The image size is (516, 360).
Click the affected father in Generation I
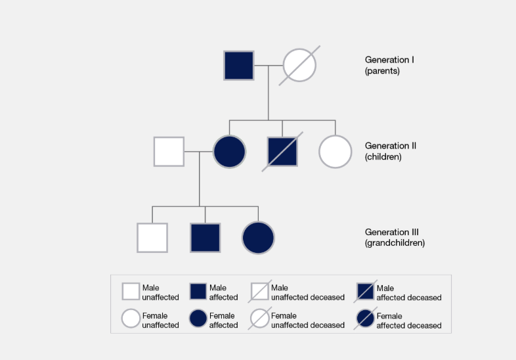[239, 65]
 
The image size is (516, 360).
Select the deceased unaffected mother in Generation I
[299, 65]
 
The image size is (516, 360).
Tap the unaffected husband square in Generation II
[169, 151]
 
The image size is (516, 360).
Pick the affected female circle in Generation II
[229, 151]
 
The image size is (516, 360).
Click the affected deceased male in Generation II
[283, 151]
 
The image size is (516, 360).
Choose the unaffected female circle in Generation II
[335, 151]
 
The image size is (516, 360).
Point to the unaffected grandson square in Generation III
[152, 237]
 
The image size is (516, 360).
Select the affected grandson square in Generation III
[205, 237]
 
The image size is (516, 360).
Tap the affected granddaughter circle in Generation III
[258, 237]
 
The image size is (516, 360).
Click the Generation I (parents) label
[389, 65]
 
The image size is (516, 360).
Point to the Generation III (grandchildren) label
[395, 237]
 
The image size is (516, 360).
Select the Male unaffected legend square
[131, 292]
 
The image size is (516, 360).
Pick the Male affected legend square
[198, 292]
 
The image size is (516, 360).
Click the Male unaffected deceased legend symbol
[260, 292]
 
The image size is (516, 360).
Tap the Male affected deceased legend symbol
[366, 292]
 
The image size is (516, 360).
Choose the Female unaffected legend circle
[131, 319]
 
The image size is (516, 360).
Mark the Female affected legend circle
[198, 319]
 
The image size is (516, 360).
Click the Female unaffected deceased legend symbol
[260, 319]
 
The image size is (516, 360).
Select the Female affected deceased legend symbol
[366, 319]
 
